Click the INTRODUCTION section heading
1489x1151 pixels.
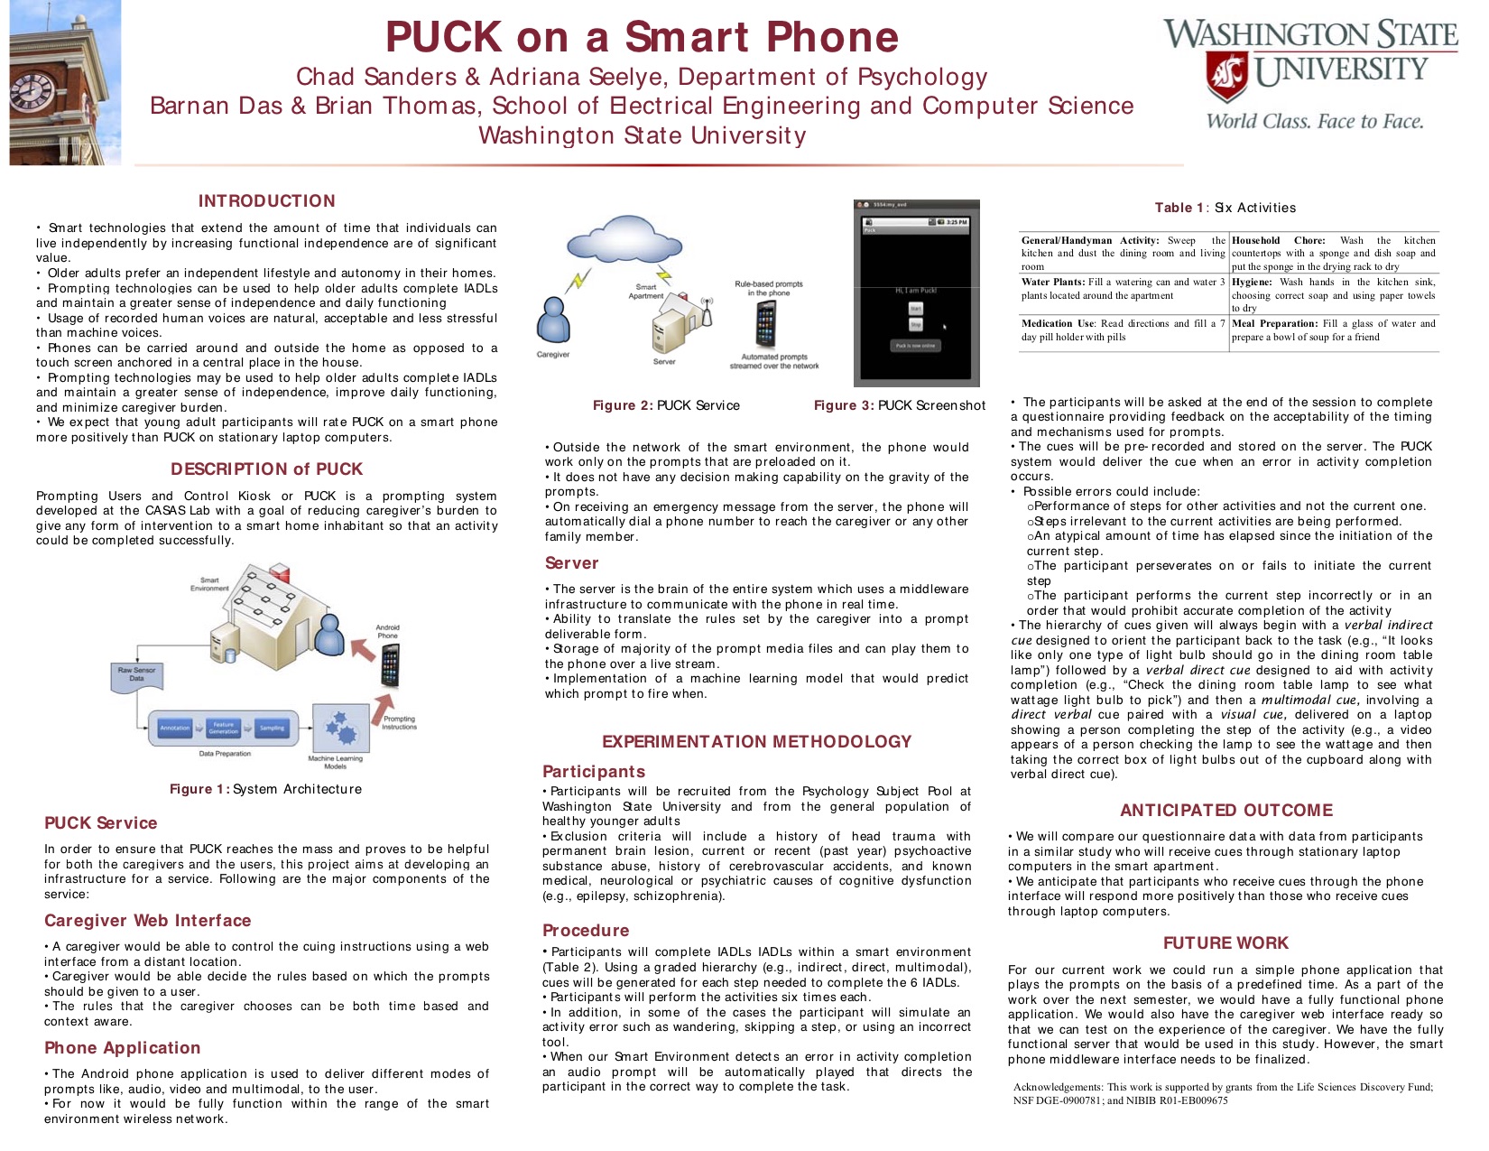[266, 201]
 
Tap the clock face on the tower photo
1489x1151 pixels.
[31, 90]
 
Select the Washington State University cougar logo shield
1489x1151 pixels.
[1227, 76]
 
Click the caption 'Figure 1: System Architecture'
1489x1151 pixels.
[265, 789]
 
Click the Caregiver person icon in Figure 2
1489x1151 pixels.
[553, 320]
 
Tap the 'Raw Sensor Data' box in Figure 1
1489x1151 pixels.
[136, 673]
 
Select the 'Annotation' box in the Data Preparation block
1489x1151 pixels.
[175, 728]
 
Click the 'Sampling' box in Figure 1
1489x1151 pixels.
[272, 728]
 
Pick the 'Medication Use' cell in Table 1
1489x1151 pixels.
[1123, 330]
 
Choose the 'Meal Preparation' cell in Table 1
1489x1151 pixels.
[1334, 330]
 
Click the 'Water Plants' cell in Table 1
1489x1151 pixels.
[1123, 289]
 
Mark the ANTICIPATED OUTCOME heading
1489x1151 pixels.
[1226, 811]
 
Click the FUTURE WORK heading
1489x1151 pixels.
[1225, 943]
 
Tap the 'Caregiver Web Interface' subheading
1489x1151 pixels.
[148, 921]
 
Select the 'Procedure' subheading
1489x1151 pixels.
[586, 931]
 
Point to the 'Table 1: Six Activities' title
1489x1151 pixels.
[1225, 208]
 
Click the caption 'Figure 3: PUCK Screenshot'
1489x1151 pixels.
[900, 405]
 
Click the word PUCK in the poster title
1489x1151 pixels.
[443, 38]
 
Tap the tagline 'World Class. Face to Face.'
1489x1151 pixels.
[1315, 122]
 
